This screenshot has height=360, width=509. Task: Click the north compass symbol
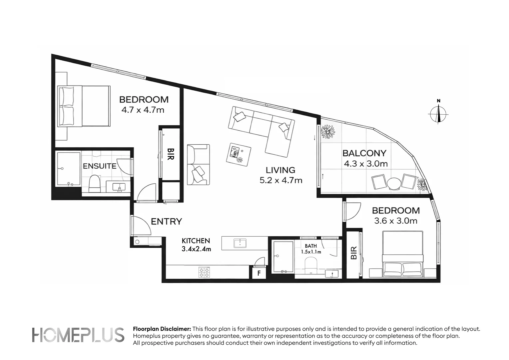click(x=438, y=114)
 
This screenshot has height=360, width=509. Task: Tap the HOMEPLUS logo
click(x=78, y=335)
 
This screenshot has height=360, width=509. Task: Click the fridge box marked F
click(x=259, y=273)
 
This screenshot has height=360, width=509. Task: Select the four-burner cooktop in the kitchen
click(x=204, y=272)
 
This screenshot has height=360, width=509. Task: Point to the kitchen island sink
click(x=240, y=243)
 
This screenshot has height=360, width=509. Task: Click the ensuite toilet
click(x=95, y=184)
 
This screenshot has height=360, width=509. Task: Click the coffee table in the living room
click(x=239, y=154)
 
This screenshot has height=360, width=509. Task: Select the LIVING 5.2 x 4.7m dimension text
click(x=281, y=180)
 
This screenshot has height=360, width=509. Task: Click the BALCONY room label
click(x=364, y=153)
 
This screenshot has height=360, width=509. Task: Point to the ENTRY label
click(x=166, y=221)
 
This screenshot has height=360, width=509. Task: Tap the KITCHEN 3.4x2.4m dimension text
click(x=196, y=249)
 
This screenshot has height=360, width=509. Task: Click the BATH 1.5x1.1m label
click(x=311, y=249)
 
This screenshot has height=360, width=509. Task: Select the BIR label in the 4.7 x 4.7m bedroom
click(x=171, y=154)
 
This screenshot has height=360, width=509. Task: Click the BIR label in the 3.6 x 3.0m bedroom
click(x=354, y=253)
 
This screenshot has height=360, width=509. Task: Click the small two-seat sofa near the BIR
click(x=199, y=164)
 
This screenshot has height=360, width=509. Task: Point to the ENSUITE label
click(x=100, y=166)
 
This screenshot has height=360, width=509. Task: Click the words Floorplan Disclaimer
click(x=162, y=329)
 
